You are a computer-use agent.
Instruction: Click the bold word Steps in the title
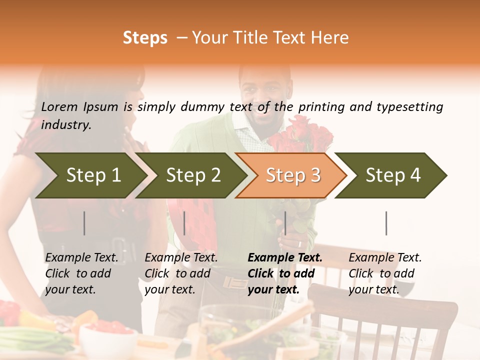[x=145, y=38]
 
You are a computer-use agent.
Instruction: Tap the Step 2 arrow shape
[x=192, y=175]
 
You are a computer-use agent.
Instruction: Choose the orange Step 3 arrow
[x=292, y=175]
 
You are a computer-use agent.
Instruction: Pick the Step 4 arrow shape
[x=392, y=175]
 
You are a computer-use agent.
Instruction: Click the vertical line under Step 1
[x=84, y=223]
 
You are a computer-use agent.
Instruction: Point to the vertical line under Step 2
[x=184, y=223]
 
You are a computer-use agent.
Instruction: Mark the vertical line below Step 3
[x=285, y=223]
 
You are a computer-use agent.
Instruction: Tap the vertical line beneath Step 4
[x=386, y=223]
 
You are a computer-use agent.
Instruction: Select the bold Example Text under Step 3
[x=285, y=273]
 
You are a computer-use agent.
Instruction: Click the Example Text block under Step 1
[x=81, y=273]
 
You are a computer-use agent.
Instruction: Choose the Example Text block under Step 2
[x=181, y=273]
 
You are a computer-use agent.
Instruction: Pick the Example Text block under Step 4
[x=385, y=273]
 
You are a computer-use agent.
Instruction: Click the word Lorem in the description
[x=59, y=107]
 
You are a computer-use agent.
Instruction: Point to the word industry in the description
[x=65, y=125]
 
